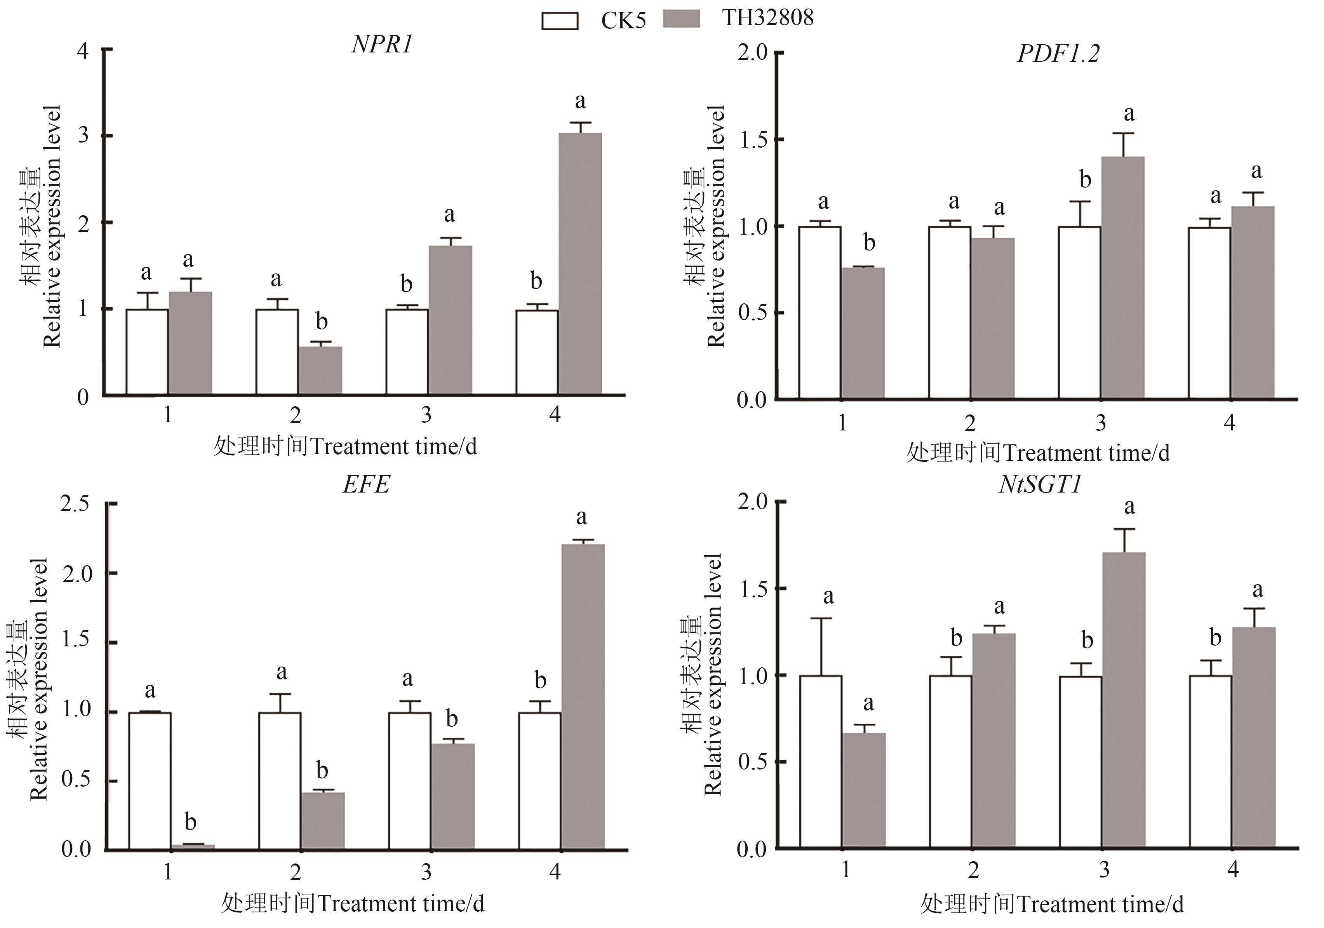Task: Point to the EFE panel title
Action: click(x=367, y=484)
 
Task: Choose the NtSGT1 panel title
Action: click(x=1040, y=484)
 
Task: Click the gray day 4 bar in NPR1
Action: click(x=580, y=264)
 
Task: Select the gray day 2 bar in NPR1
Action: click(x=320, y=370)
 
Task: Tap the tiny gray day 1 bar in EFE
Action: click(x=193, y=847)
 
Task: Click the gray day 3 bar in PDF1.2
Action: click(x=1123, y=277)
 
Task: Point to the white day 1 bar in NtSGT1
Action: click(x=821, y=761)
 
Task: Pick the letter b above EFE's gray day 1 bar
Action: click(x=190, y=822)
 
